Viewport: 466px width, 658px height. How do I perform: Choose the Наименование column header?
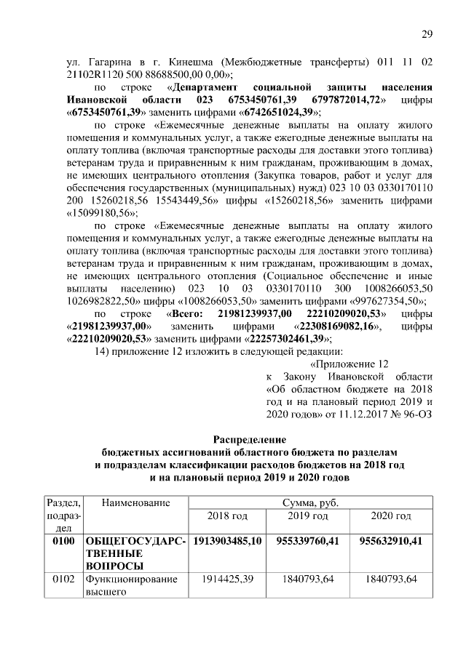[136, 503]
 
